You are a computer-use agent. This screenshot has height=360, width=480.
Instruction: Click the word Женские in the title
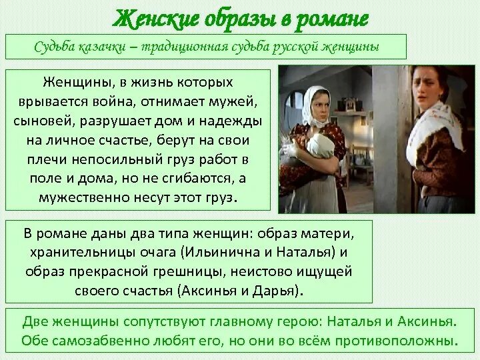(147, 18)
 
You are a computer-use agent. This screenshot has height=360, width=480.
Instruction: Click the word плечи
(45, 161)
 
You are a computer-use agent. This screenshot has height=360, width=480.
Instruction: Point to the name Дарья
(278, 291)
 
